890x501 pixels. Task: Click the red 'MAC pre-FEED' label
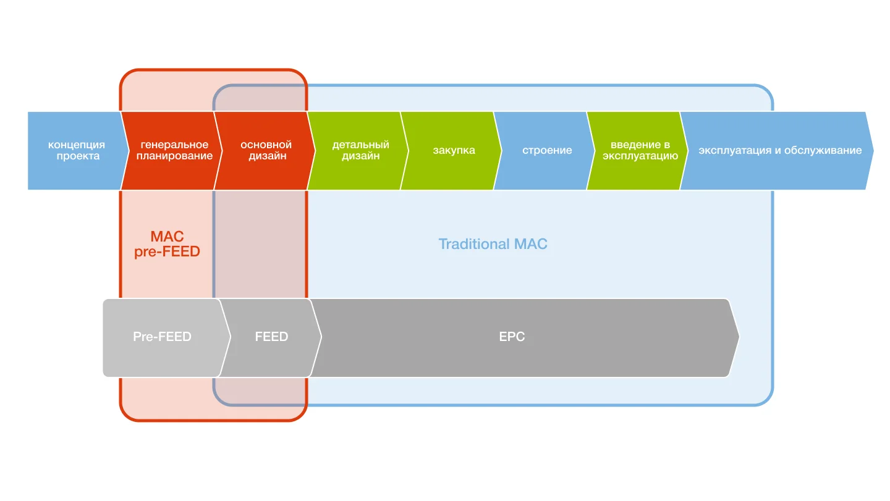coord(167,244)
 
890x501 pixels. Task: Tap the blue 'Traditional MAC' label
coord(493,244)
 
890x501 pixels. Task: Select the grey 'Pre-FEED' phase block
coord(162,337)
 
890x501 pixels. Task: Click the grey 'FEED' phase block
coord(271,337)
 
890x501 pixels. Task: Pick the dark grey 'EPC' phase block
coord(512,337)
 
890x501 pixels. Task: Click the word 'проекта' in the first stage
coord(78,156)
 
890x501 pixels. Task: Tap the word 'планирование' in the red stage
coord(174,156)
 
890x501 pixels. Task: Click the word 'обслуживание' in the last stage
coord(823,151)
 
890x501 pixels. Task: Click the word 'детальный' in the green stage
coord(360,145)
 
